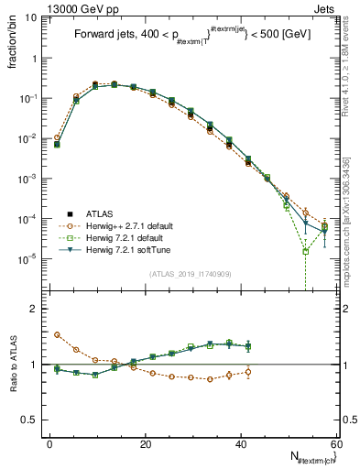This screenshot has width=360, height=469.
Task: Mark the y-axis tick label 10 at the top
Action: tap(28, 17)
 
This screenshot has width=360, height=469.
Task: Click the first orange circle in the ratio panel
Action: tap(57, 335)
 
